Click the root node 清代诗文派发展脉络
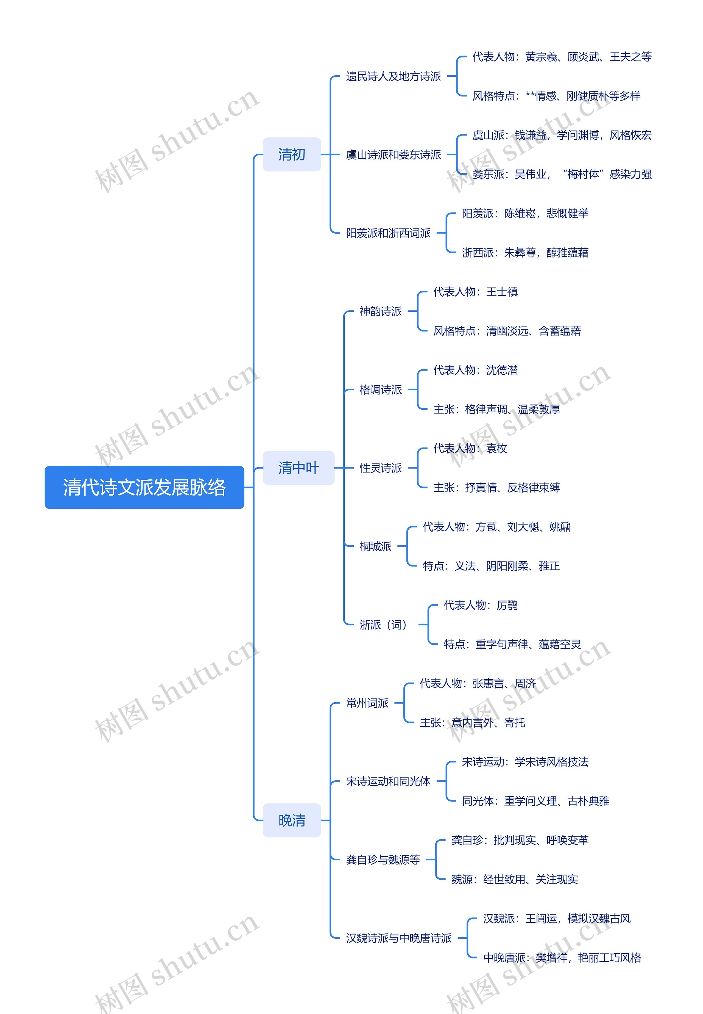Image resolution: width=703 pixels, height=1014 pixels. pos(144,487)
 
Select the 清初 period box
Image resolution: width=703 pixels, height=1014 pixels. pos(292,154)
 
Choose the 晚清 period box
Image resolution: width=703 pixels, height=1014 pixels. pos(292,820)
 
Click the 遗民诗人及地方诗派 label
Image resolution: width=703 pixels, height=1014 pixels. pos(393,76)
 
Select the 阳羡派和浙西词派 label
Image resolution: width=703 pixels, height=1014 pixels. pos(388,233)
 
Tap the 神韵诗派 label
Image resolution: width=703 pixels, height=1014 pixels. pos(381,311)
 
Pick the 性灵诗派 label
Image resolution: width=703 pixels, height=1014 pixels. pos(381,468)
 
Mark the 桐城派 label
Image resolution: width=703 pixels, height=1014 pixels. pos(375,546)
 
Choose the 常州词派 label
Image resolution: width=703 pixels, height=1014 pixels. pos(367,703)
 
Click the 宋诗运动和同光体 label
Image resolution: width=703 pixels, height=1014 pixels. pos(388,781)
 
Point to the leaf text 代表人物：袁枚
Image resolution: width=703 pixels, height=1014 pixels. pos(470,448)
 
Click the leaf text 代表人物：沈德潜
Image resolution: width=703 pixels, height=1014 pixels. pos(475,370)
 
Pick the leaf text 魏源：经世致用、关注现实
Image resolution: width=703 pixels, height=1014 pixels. pos(514,879)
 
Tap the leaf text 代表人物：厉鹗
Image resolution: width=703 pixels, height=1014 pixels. pos(481,605)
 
